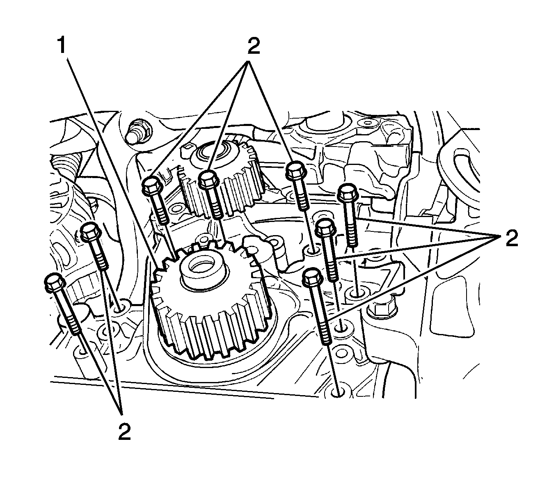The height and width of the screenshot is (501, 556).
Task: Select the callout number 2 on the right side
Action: [511, 238]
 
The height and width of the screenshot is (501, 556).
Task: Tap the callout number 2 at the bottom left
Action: [124, 432]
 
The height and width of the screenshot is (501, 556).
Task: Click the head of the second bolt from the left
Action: [91, 233]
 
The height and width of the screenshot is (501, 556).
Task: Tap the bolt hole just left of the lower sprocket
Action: [121, 307]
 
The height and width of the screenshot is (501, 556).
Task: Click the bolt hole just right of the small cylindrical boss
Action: [313, 249]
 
